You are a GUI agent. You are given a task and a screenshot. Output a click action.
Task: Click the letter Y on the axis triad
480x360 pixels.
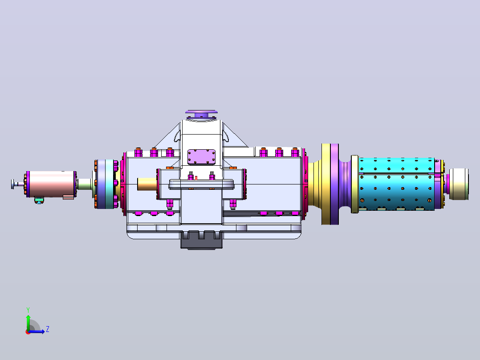click(28, 310)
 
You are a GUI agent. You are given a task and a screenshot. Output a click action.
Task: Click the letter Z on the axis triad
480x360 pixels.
click(48, 329)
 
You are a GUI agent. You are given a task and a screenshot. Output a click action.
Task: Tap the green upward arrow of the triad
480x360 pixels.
click(28, 322)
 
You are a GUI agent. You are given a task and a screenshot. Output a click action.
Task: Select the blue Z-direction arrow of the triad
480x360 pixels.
click(37, 331)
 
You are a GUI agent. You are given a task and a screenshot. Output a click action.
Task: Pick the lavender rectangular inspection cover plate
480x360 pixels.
click(201, 157)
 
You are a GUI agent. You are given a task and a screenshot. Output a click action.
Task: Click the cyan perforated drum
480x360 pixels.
click(397, 184)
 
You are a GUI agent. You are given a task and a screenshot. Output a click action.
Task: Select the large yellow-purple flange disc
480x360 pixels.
click(330, 184)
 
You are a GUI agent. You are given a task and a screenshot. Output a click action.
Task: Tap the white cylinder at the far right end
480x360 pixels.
click(459, 184)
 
